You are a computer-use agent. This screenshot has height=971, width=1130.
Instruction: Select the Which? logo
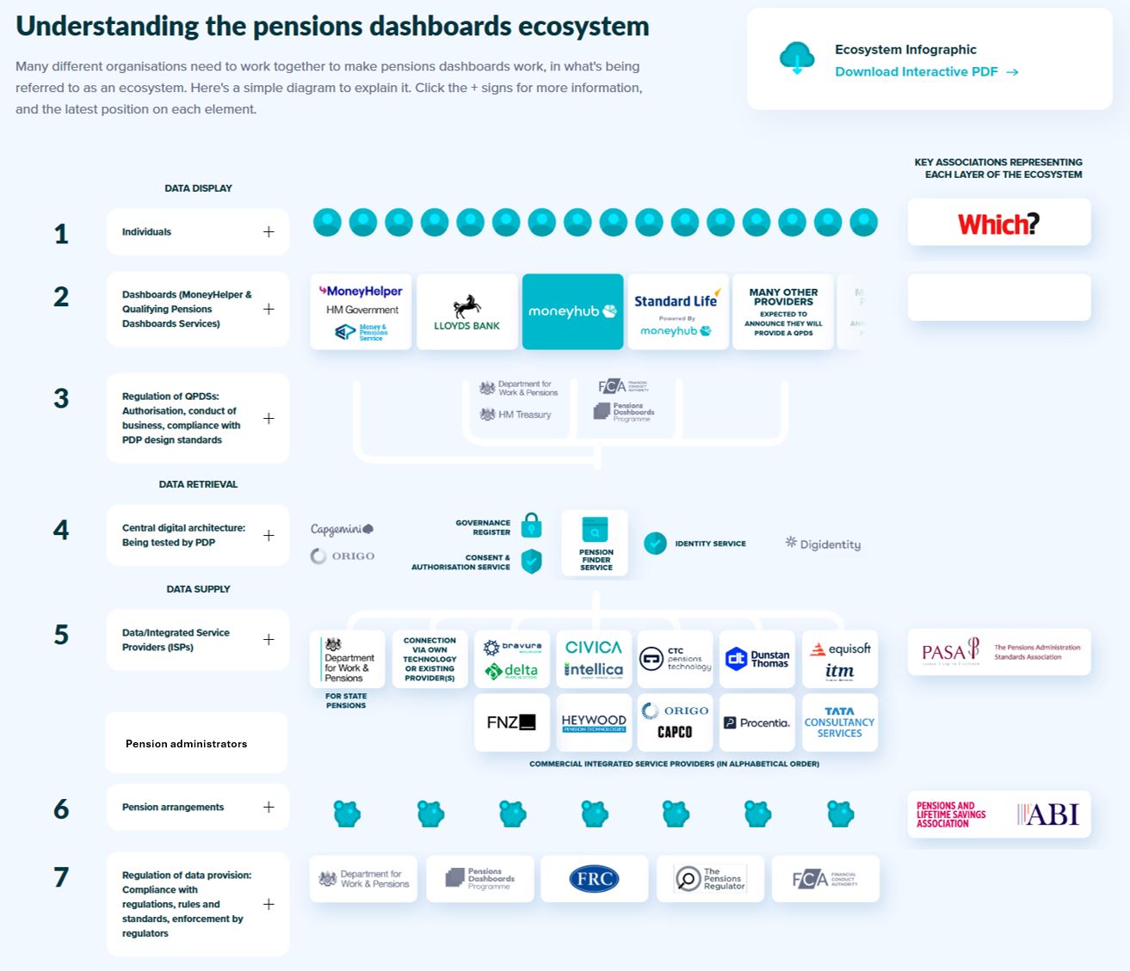(x=998, y=224)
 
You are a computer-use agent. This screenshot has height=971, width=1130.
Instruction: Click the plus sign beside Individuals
(x=269, y=232)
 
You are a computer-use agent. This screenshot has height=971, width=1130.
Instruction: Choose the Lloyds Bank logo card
(x=466, y=312)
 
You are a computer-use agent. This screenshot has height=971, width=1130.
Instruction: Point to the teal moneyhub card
(x=572, y=311)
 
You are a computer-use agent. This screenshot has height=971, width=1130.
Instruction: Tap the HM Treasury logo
(x=516, y=415)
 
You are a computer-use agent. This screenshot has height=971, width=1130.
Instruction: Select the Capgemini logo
(x=342, y=529)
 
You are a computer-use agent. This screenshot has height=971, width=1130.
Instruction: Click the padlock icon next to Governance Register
(x=532, y=525)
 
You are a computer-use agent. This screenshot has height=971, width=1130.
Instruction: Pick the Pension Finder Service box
(x=595, y=543)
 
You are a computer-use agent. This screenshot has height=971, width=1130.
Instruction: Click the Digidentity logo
(x=823, y=544)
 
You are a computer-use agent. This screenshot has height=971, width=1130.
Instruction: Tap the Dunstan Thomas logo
(x=757, y=659)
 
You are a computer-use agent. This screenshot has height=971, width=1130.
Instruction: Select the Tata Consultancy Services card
(x=839, y=722)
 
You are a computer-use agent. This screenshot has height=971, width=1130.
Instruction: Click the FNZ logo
(x=511, y=722)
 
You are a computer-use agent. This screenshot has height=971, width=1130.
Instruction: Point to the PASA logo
(x=950, y=652)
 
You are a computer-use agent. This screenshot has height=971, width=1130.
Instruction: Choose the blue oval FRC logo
(x=594, y=879)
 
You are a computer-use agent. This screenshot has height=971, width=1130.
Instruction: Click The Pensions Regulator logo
(x=710, y=879)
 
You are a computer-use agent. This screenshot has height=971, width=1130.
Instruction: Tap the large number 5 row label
(x=61, y=635)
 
